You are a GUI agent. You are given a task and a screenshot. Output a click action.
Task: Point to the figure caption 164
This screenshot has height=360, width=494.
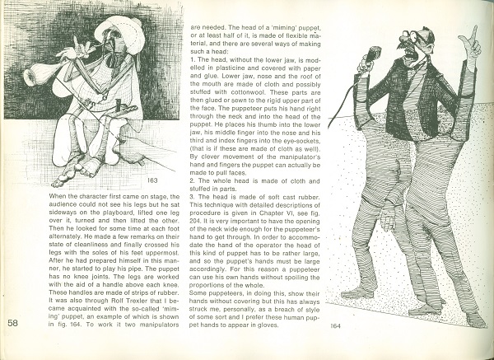[335, 325]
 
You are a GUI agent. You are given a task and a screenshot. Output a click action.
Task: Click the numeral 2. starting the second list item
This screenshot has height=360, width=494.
[193, 180]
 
